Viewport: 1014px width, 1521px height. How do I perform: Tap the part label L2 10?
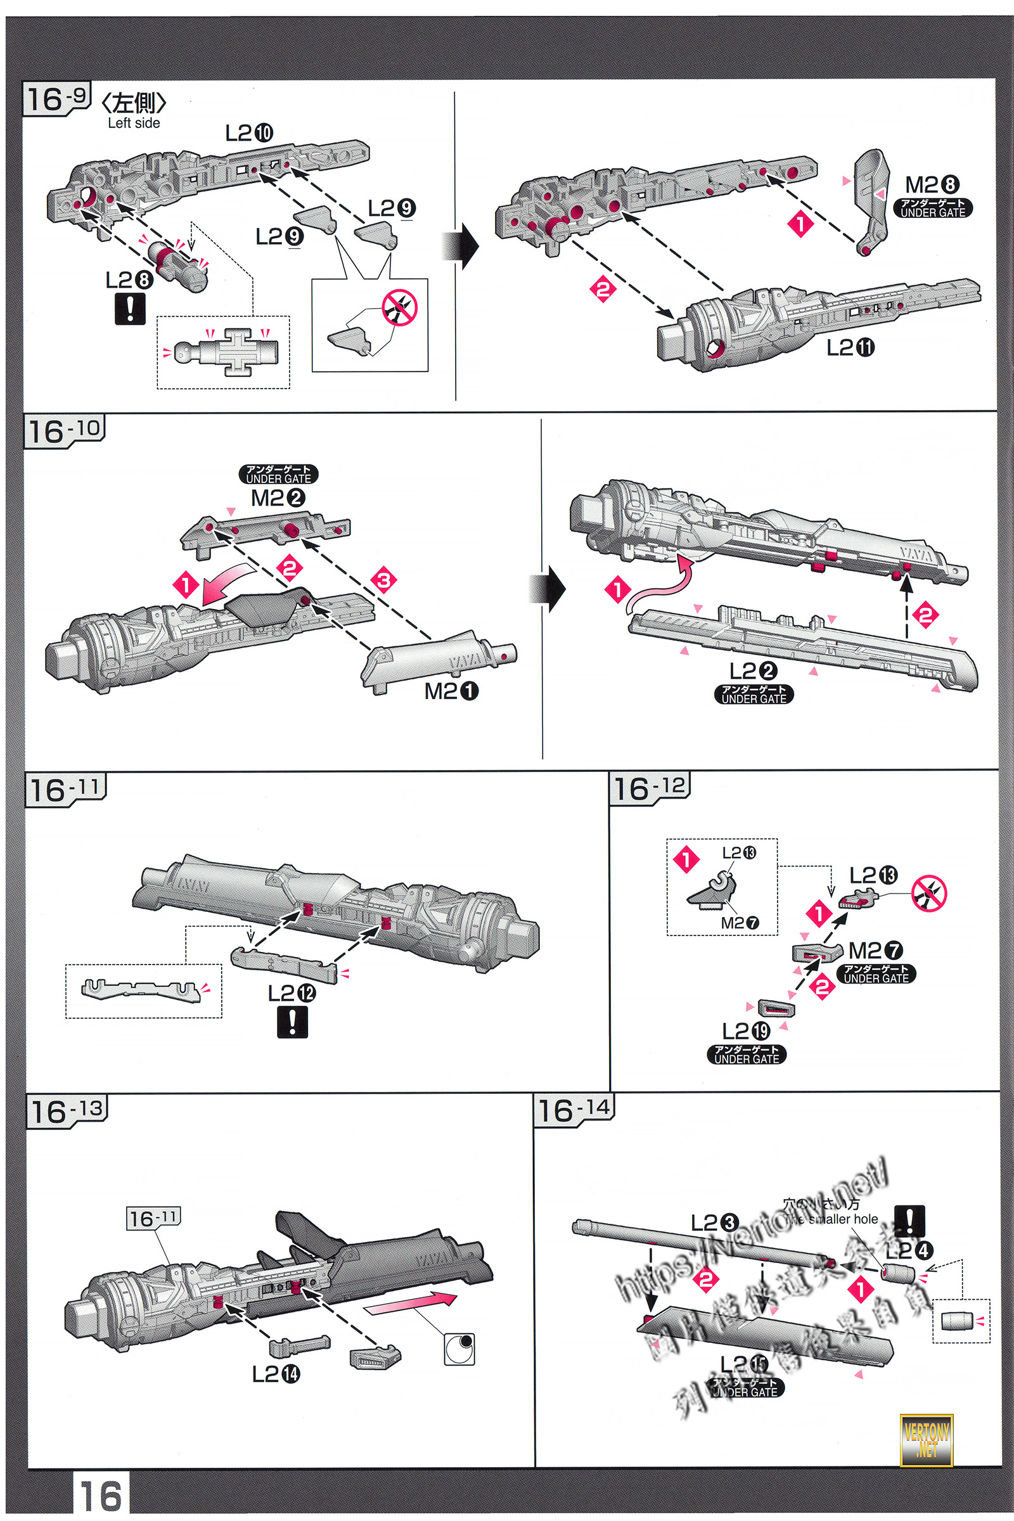[x=249, y=133]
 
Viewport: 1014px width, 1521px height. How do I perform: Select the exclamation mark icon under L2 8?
[x=130, y=309]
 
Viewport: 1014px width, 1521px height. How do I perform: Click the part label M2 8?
[x=932, y=185]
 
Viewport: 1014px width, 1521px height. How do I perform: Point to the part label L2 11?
[x=850, y=348]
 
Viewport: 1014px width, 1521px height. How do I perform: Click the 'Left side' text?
[x=134, y=123]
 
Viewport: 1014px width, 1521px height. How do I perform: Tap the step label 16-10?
[x=65, y=431]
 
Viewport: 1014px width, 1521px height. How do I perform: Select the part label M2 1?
[x=451, y=691]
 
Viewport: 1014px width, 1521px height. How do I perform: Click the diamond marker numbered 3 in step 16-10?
[x=383, y=579]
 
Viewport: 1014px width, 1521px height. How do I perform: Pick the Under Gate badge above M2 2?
[x=279, y=474]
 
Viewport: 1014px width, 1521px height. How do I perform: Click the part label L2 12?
[x=292, y=992]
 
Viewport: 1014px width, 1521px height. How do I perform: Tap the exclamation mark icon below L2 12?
[x=292, y=1022]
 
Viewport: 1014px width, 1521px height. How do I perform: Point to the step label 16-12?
[x=649, y=788]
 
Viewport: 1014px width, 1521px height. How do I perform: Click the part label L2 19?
[x=746, y=1031]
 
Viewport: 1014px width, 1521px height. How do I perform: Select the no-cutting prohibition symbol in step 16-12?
[x=928, y=894]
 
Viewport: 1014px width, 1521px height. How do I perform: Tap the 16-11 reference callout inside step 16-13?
[x=153, y=1218]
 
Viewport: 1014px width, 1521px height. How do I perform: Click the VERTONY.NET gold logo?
[x=926, y=1439]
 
